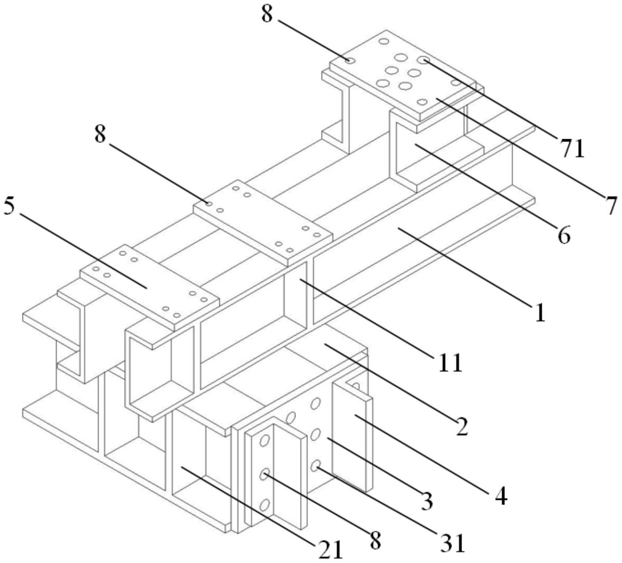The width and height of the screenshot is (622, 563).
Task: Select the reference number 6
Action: [x=564, y=235]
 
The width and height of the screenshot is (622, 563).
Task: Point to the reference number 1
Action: [x=540, y=313]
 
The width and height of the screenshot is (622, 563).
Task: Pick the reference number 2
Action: [x=461, y=426]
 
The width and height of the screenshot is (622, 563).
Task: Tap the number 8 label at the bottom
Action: [x=375, y=540]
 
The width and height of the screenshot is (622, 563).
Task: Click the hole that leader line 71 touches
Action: [x=423, y=60]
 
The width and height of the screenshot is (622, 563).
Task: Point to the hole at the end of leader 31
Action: [x=315, y=465]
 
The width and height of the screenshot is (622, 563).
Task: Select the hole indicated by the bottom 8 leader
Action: [x=265, y=474]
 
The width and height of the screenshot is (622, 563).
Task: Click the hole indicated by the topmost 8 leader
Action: [x=350, y=60]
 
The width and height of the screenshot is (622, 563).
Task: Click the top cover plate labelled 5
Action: [x=150, y=286]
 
